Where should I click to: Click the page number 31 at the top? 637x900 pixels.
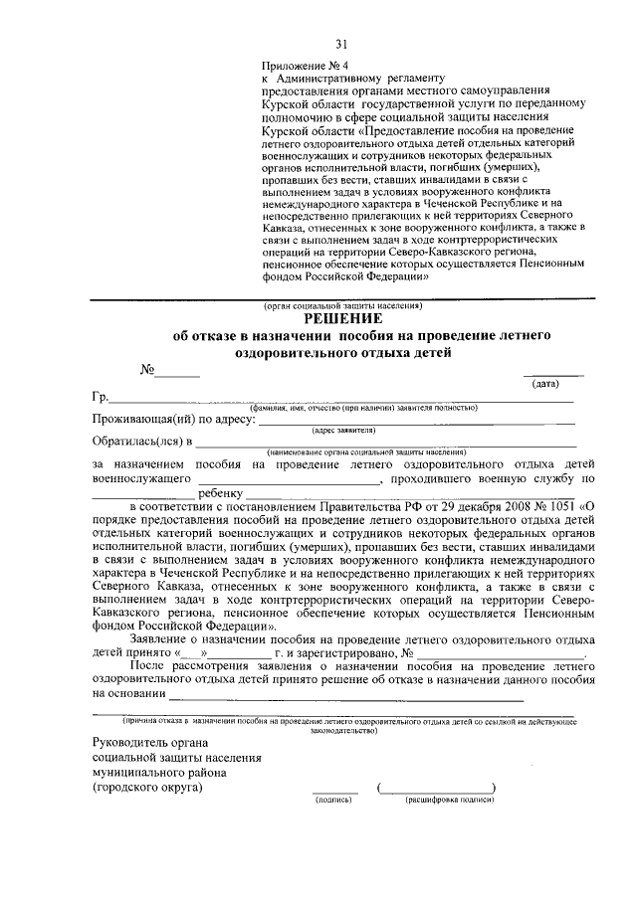click(x=341, y=45)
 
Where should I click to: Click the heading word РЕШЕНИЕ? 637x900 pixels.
click(x=342, y=319)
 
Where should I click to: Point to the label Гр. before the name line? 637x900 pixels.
click(x=100, y=397)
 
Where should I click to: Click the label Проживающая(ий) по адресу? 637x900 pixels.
click(x=173, y=419)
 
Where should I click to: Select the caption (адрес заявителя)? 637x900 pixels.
click(x=343, y=430)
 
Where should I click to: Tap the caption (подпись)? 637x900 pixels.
click(x=328, y=800)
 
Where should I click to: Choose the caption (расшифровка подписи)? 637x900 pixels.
click(x=449, y=800)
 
